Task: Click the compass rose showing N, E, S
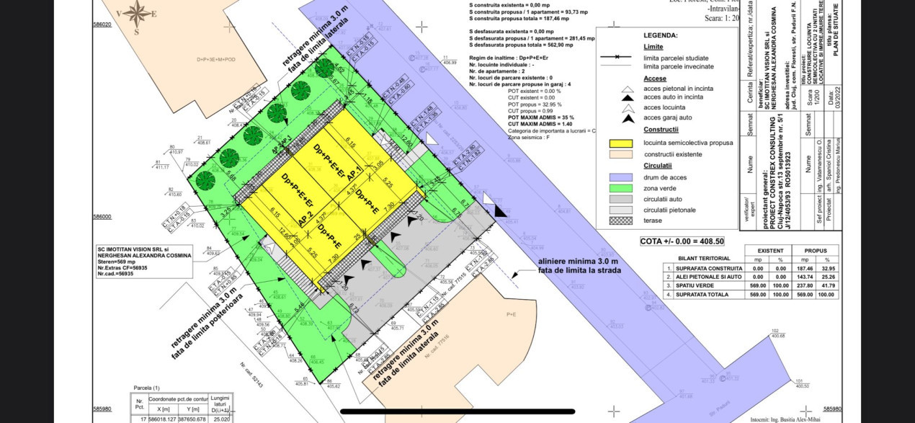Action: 137,12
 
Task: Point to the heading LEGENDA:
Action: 660,35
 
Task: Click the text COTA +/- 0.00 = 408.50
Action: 682,241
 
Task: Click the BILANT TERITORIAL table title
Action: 704,258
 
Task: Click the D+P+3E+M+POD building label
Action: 215,60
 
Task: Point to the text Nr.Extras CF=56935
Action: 128,268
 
